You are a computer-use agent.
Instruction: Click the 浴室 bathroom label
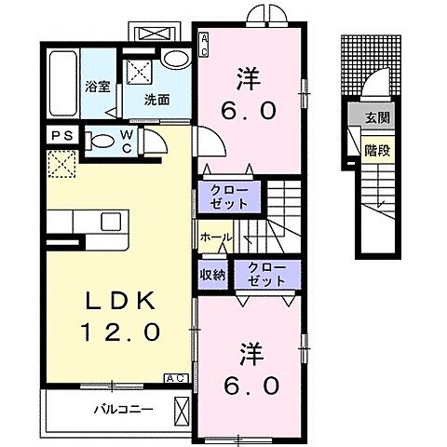(97, 88)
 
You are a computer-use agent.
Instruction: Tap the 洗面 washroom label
(156, 98)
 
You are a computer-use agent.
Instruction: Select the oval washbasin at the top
(174, 58)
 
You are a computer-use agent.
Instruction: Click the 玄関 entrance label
(378, 119)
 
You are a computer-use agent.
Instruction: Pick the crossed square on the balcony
(181, 408)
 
